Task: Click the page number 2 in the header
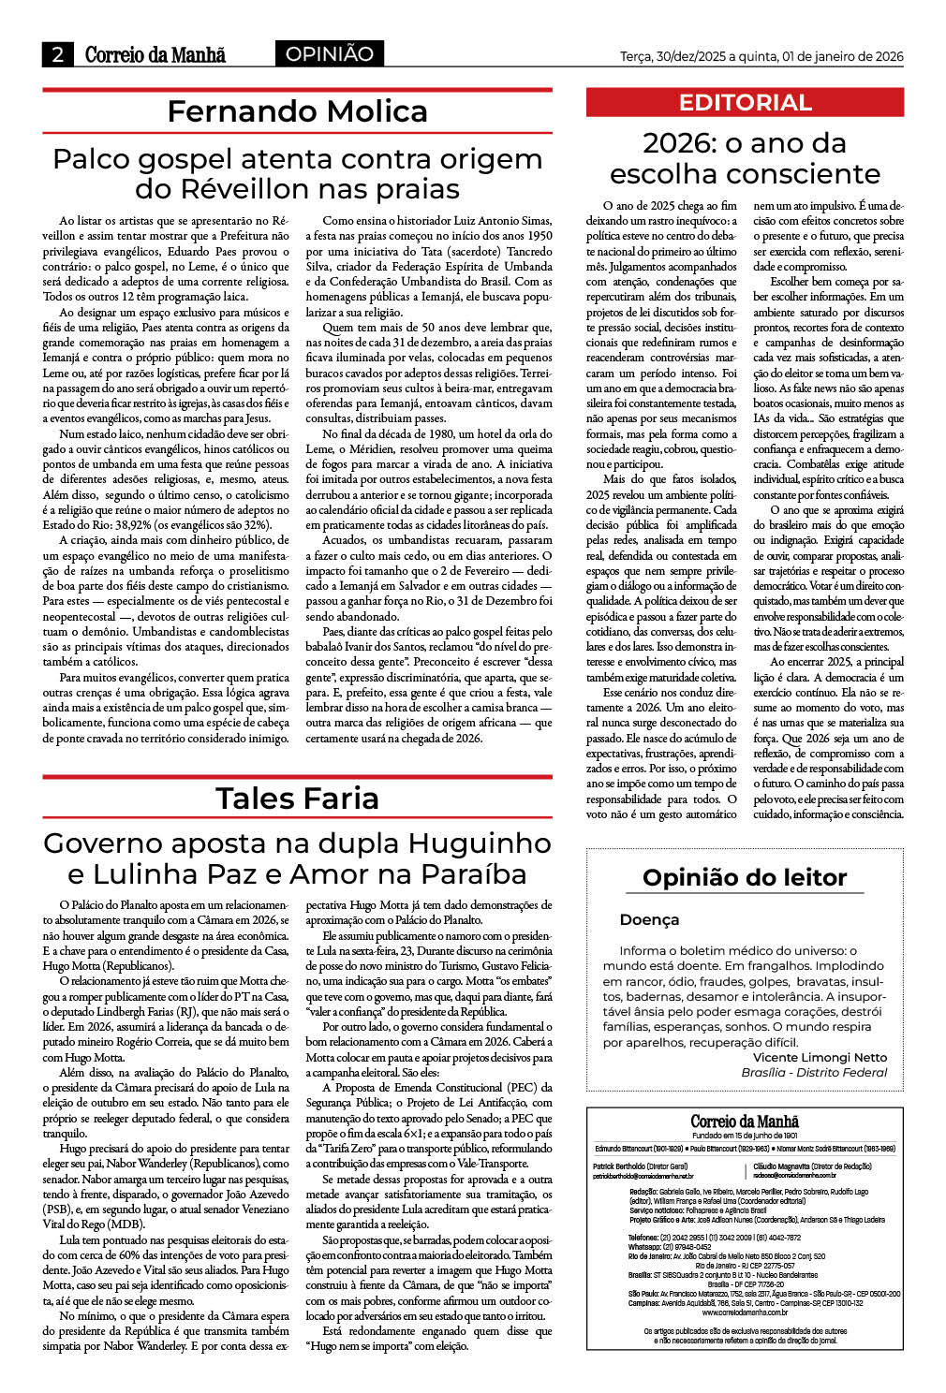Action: point(58,54)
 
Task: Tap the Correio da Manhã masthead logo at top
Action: point(155,54)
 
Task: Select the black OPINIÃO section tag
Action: point(329,54)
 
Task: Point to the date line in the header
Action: point(761,56)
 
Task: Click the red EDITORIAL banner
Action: point(745,102)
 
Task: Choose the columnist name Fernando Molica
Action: point(297,111)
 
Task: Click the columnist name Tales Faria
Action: point(297,799)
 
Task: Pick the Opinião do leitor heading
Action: point(745,878)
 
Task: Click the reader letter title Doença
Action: point(649,920)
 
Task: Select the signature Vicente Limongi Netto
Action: point(820,1058)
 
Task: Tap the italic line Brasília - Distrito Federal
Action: point(814,1073)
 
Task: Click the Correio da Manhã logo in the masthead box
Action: point(745,1122)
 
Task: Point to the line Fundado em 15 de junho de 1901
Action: point(745,1136)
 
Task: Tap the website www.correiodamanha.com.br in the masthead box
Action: point(745,1312)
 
